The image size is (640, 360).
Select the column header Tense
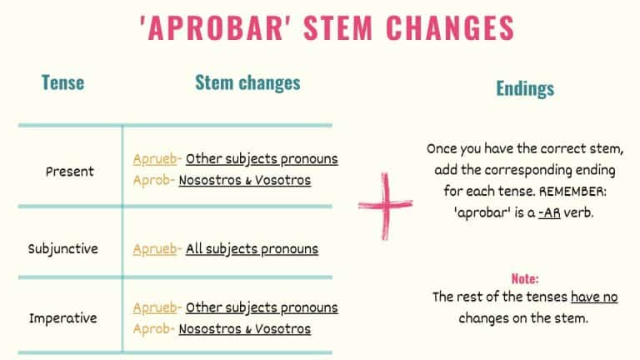tap(62, 82)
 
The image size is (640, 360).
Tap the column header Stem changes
tap(247, 82)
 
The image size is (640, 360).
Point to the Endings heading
tap(525, 88)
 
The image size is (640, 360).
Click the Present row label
tap(70, 172)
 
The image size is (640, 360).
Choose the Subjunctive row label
tap(62, 248)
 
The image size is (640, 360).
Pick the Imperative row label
tap(63, 318)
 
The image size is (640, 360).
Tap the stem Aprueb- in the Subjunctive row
tap(156, 248)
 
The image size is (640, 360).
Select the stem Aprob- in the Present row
tap(152, 180)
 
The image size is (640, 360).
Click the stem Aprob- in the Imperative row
tap(152, 329)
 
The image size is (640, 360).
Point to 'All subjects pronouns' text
tap(252, 248)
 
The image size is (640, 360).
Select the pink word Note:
tap(525, 278)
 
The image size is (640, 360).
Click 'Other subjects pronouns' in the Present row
tap(262, 158)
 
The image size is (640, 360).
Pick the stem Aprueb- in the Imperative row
tap(156, 307)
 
